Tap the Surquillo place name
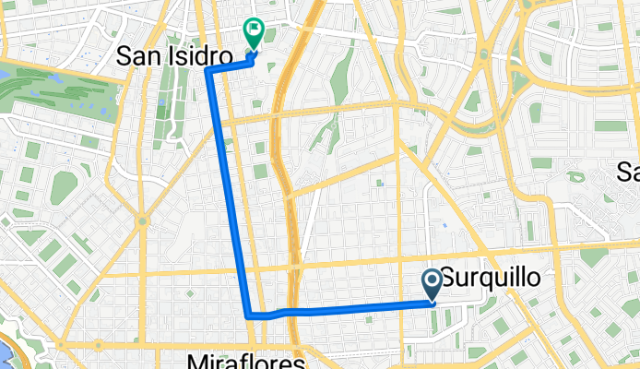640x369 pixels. pos(489,276)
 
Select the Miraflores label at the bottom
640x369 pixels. pos(245,359)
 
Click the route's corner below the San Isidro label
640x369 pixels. pos(209,70)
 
